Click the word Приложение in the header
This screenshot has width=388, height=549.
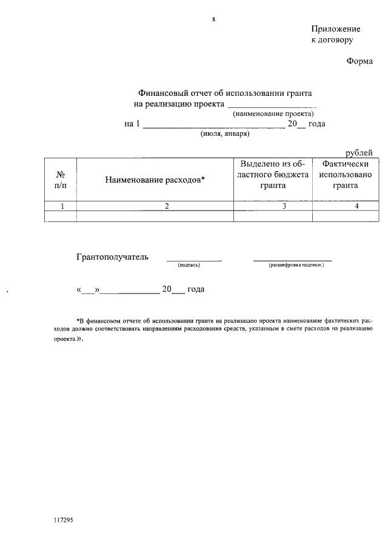[335, 29]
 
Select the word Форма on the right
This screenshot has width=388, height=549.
[360, 61]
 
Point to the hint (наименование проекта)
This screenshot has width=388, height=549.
[273, 113]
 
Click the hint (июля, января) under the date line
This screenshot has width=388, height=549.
[224, 133]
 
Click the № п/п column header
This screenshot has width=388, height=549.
[60, 180]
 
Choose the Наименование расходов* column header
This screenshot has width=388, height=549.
[155, 180]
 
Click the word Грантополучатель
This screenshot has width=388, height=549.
[112, 257]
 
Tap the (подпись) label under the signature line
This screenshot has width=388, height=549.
[189, 266]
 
